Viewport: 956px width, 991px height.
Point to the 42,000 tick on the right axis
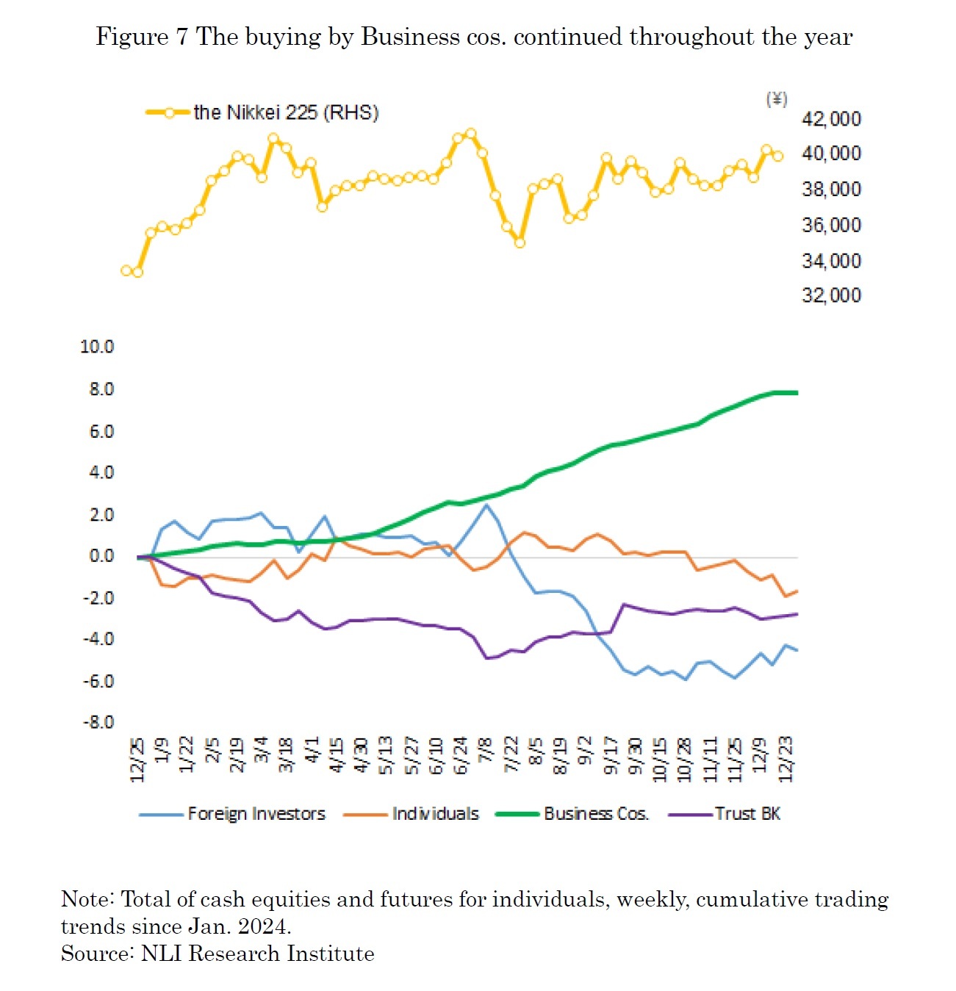point(831,119)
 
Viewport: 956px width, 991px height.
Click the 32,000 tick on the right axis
point(831,295)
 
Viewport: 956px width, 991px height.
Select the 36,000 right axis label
point(831,225)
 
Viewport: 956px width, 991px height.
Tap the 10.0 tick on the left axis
point(97,347)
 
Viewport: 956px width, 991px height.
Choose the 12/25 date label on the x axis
point(137,760)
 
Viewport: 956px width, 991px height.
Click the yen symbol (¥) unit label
point(777,98)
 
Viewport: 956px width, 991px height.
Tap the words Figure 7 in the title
point(143,37)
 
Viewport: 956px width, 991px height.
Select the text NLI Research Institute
point(257,954)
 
